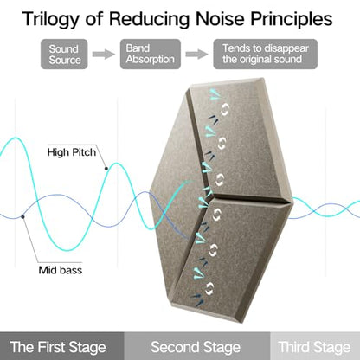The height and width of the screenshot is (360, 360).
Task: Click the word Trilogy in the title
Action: [x=50, y=20]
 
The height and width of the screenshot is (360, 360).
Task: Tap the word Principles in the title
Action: [x=292, y=19]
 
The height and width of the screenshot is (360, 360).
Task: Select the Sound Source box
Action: [x=64, y=55]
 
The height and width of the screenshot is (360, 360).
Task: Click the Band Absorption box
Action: [x=151, y=55]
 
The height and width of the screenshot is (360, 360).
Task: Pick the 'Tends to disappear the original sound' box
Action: [x=265, y=55]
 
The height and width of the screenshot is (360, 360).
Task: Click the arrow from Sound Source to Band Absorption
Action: [x=104, y=55]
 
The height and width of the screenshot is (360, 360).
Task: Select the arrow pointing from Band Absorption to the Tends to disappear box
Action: [x=196, y=55]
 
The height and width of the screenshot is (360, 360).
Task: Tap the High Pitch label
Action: [x=72, y=152]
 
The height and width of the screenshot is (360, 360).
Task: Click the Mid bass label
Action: [x=61, y=270]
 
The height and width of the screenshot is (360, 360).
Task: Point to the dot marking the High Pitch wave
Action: [x=106, y=169]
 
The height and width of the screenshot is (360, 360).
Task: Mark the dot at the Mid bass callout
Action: [x=22, y=216]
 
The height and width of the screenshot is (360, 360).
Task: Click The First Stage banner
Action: [x=62, y=346]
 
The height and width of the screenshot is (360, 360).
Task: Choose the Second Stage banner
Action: [x=197, y=346]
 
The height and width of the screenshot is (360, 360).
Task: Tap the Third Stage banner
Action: [x=315, y=346]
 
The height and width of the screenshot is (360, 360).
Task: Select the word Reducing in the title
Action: [x=149, y=20]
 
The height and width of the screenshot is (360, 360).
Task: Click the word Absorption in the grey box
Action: [x=151, y=60]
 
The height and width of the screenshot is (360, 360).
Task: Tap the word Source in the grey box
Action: [x=65, y=60]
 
